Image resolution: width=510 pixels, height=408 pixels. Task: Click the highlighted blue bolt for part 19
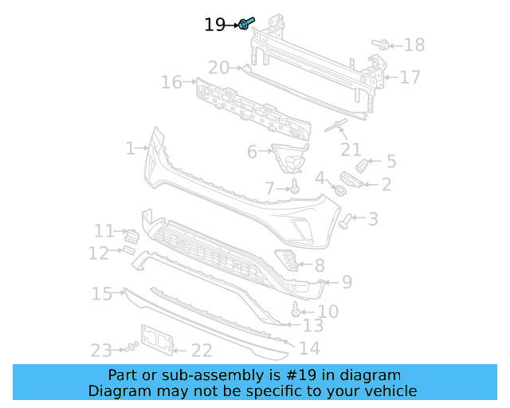tap(246, 24)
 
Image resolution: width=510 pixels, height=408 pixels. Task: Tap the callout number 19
tap(214, 25)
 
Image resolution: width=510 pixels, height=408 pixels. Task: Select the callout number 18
tap(414, 45)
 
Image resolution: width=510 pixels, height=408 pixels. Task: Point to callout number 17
tap(410, 77)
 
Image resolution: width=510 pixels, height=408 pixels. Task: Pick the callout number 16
tap(171, 82)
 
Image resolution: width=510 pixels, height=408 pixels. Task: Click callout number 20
tap(218, 68)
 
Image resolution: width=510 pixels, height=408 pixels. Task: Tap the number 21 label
tap(351, 150)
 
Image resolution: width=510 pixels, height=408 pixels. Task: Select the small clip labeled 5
tap(363, 164)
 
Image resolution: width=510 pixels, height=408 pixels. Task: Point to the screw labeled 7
tap(295, 187)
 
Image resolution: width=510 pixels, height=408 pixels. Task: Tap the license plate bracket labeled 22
tap(157, 339)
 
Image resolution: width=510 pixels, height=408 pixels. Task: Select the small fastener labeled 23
tap(129, 347)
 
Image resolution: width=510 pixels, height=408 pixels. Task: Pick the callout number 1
tap(130, 148)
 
